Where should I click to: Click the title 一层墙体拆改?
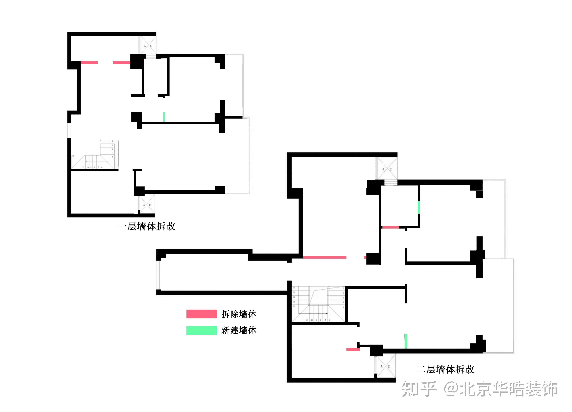point(147,226)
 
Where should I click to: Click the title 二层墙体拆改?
point(445,369)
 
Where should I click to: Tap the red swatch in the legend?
point(201,314)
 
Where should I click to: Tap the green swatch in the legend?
point(201,330)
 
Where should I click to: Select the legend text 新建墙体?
point(239,330)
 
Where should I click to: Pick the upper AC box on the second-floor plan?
point(386,169)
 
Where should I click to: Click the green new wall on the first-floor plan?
point(164,117)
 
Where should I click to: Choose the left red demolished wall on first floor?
point(89,62)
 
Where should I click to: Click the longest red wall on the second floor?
point(325,257)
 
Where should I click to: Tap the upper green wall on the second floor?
point(419,207)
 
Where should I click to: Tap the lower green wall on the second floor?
point(406,341)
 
